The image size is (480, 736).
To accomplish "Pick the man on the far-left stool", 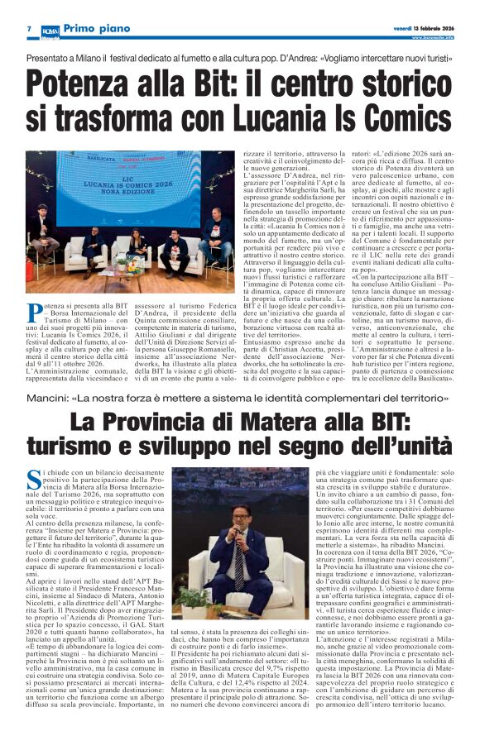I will pyautogui.click(x=43, y=236).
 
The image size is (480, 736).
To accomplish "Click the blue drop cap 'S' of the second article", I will pyautogui.click(x=34, y=477).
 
